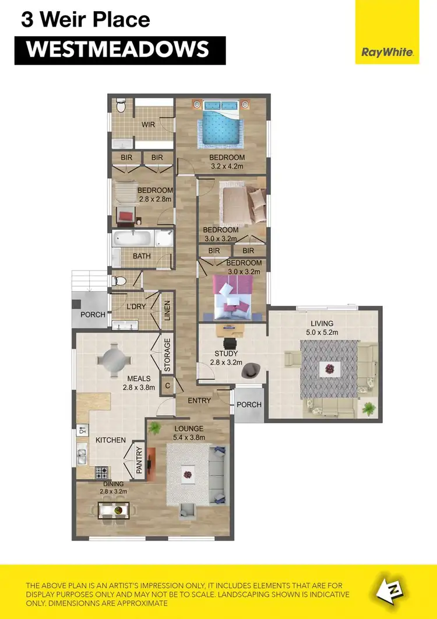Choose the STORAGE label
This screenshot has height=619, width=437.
pos(167,355)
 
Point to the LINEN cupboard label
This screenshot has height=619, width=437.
pos(167,310)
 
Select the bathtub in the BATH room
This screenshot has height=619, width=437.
pos(133,238)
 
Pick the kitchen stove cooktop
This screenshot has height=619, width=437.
pos(103,470)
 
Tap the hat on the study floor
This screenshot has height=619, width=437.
pos(252,369)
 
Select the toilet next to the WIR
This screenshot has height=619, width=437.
pos(121,106)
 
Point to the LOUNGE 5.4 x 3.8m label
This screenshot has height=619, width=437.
pos(189,432)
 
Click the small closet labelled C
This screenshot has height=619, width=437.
pos(167,386)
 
